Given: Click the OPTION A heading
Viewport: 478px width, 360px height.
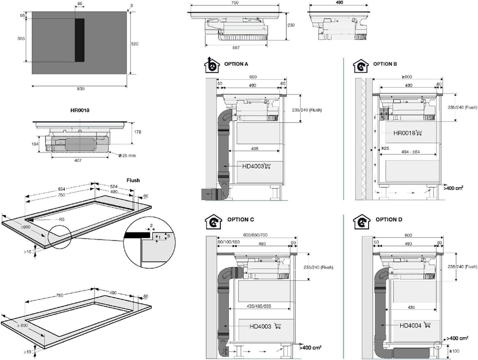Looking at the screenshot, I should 237,64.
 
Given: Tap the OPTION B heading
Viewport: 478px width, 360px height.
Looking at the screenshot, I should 385,64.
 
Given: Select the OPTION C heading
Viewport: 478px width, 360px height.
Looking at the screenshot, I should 241,219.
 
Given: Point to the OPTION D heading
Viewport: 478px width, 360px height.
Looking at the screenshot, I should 389,219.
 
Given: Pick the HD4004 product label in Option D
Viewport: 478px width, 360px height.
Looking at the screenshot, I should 411,325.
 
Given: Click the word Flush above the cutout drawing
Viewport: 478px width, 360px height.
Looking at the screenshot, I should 133,180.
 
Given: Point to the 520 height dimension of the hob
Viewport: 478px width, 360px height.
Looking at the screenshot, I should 135,44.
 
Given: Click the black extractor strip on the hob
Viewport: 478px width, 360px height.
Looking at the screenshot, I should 80,40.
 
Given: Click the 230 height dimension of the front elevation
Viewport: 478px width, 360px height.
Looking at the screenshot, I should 292,25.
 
